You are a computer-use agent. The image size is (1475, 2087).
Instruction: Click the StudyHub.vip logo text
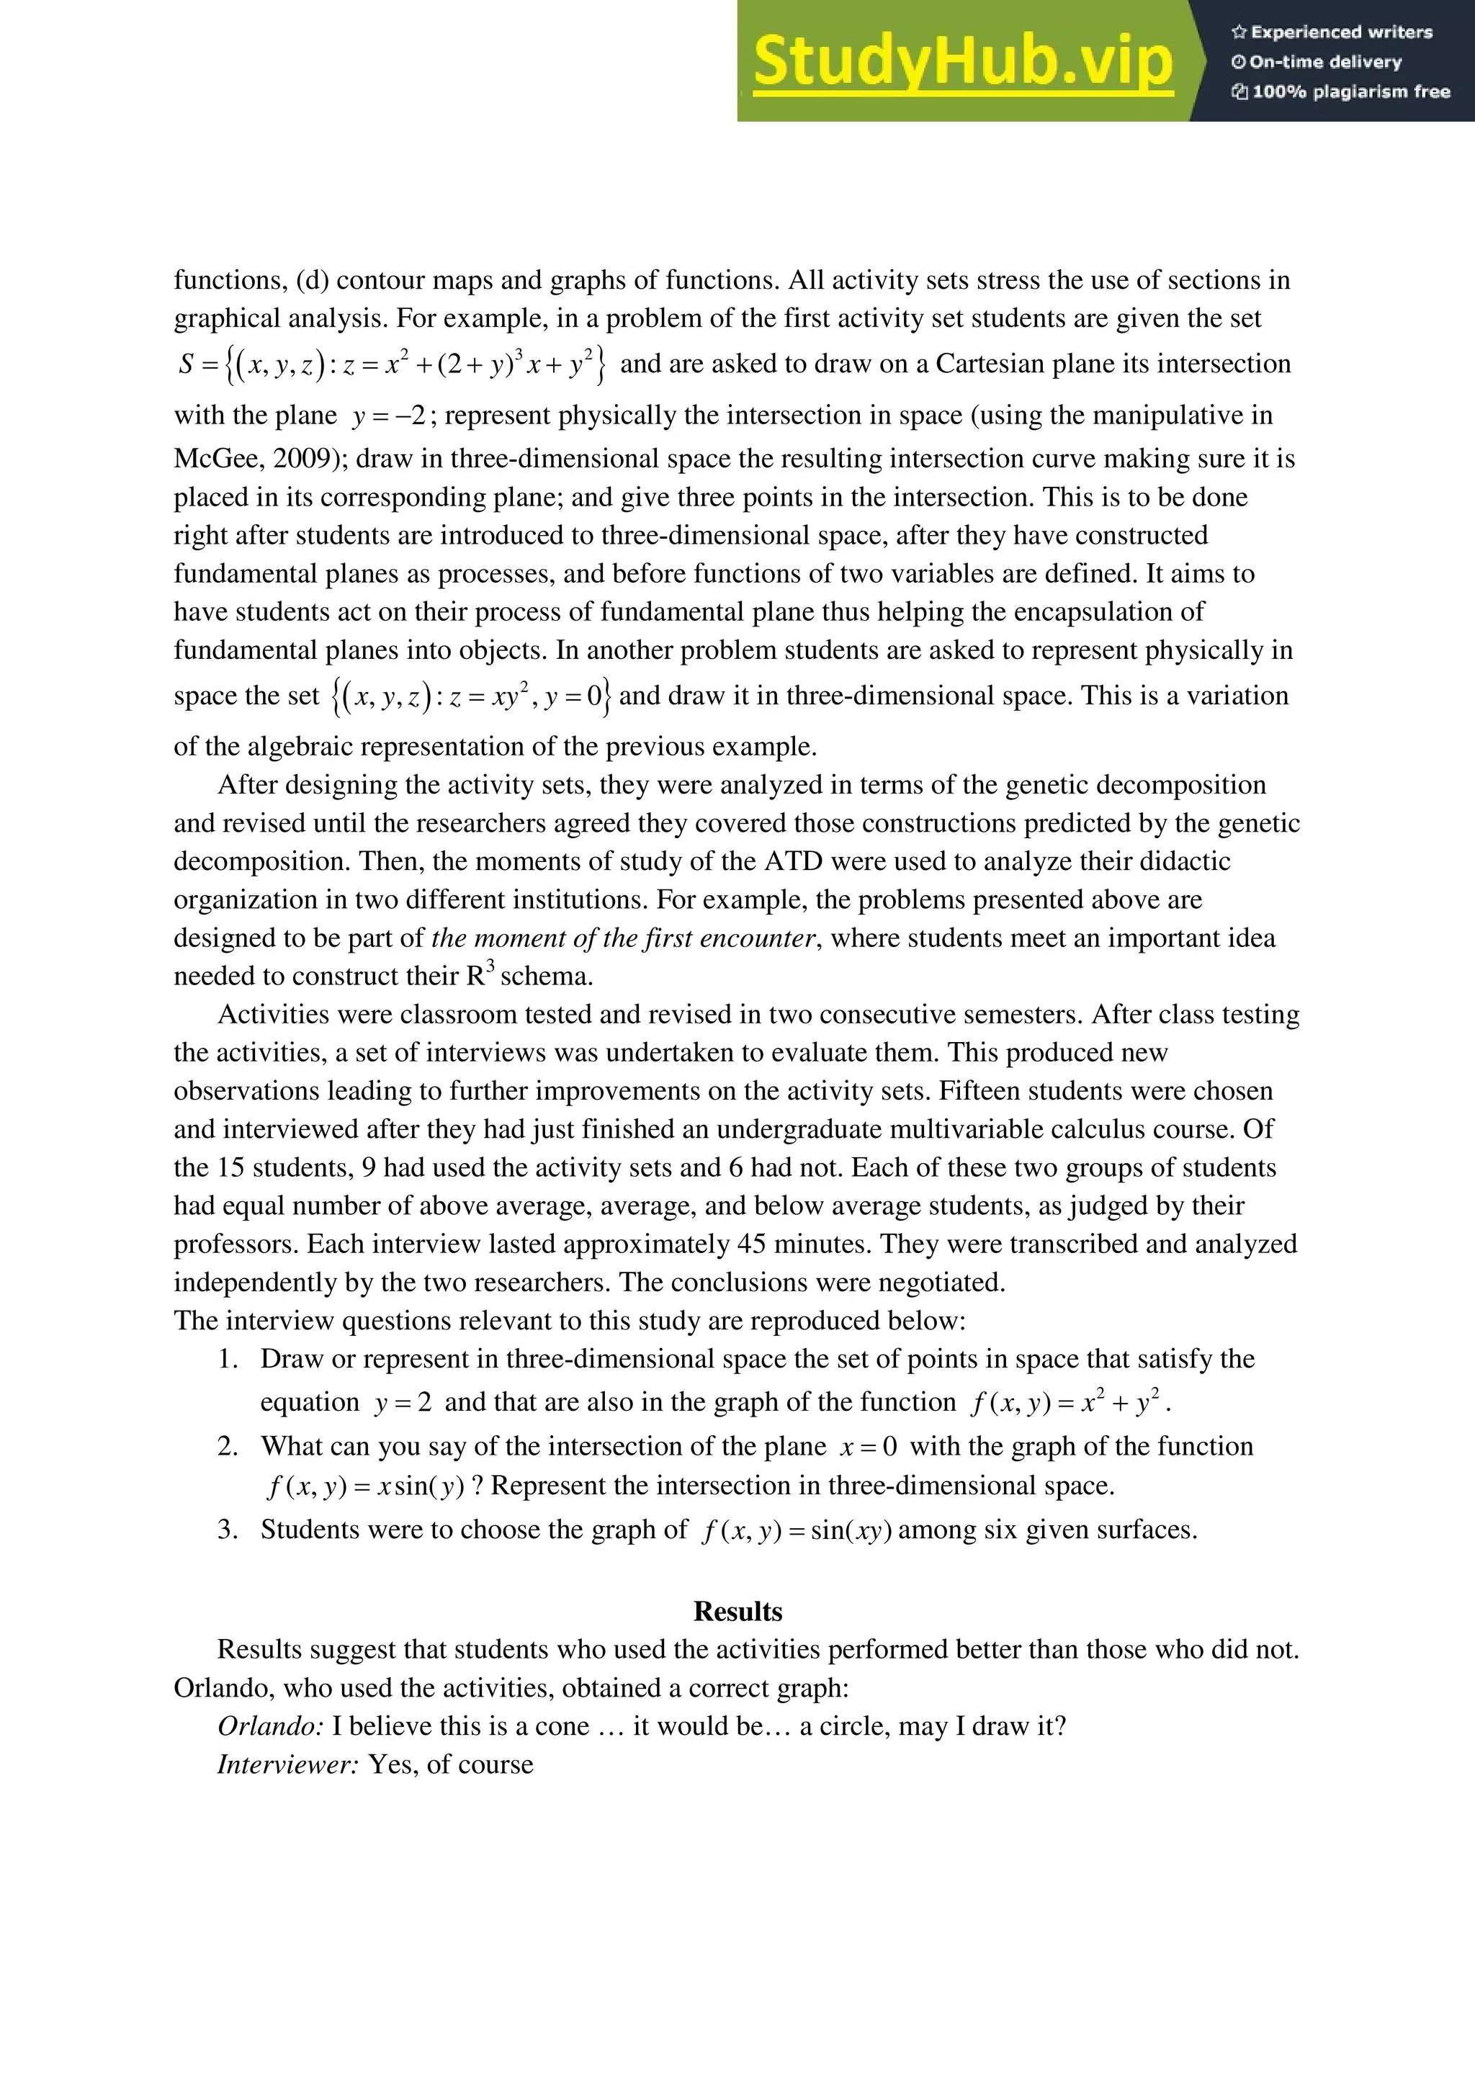[962, 62]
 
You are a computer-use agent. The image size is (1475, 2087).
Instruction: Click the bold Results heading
[737, 1611]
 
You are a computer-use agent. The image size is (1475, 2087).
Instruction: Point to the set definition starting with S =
[393, 364]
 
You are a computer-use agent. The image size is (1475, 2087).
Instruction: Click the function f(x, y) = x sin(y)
[365, 1486]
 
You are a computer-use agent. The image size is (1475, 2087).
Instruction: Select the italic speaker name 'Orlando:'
[270, 1725]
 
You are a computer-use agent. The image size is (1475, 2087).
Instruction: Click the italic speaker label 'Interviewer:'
[288, 1764]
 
